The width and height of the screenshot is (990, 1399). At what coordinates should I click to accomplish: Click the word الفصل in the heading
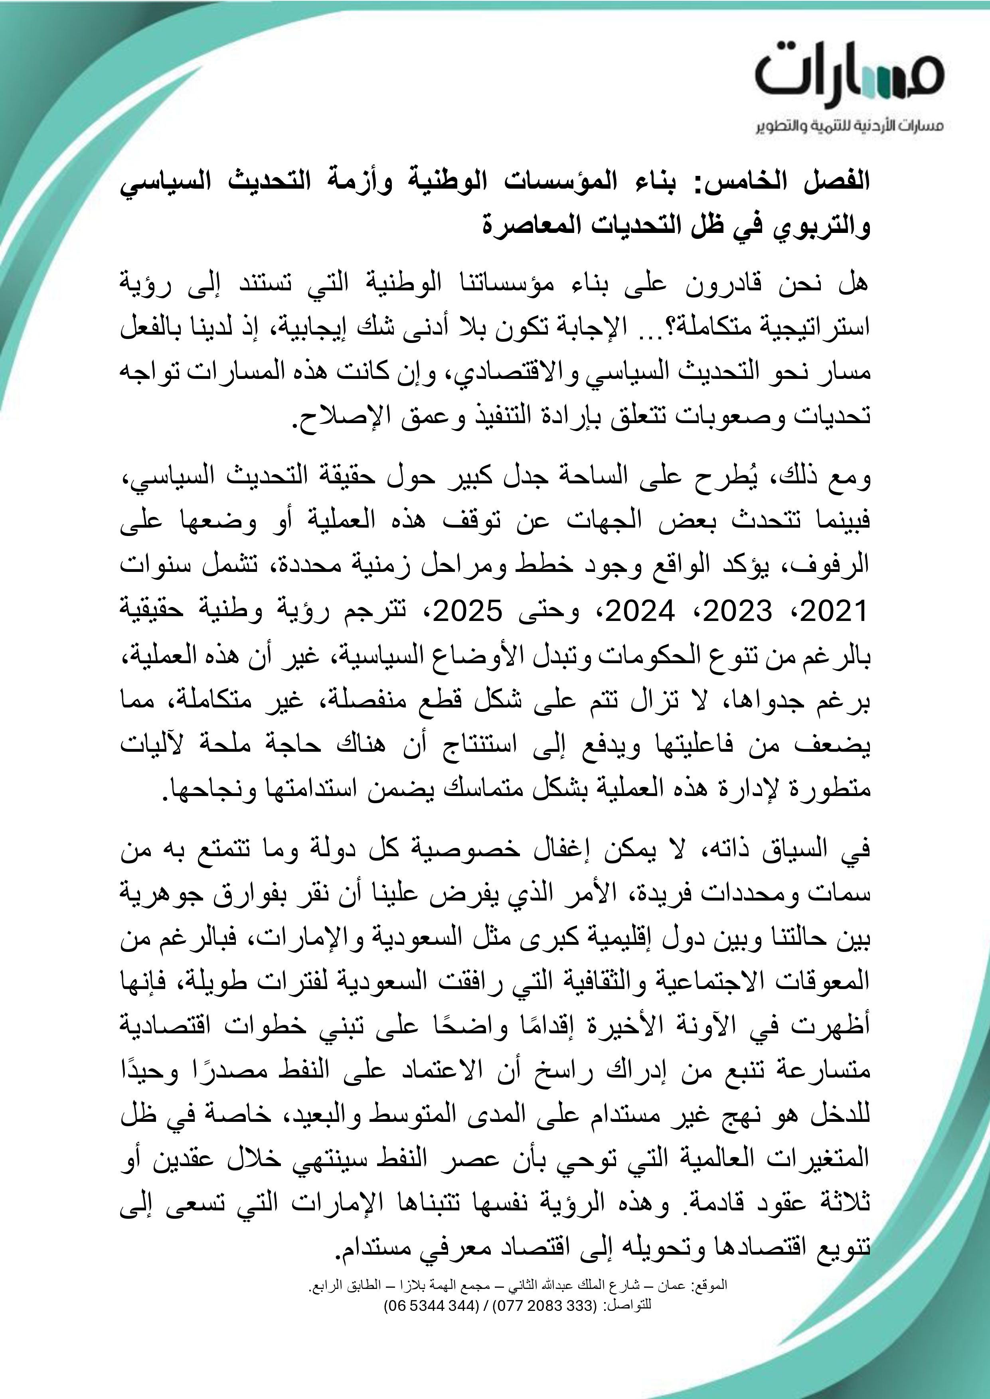point(841,183)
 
